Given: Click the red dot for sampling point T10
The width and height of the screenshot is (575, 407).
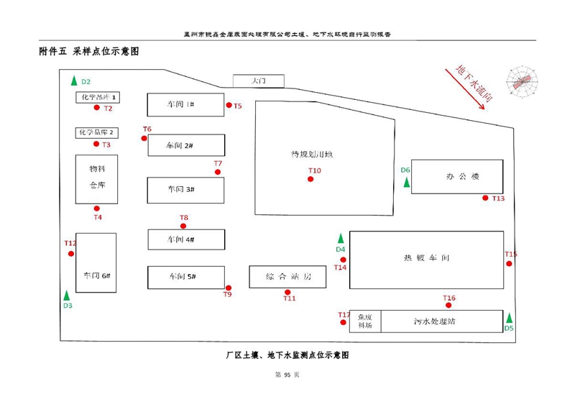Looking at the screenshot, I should pyautogui.click(x=310, y=179).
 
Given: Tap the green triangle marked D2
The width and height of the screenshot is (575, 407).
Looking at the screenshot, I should pyautogui.click(x=73, y=81).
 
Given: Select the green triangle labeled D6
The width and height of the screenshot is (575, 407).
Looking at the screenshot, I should pyautogui.click(x=407, y=182).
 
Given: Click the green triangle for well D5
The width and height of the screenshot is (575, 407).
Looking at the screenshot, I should pyautogui.click(x=510, y=318).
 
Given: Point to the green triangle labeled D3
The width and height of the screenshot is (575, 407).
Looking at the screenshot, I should pyautogui.click(x=67, y=295).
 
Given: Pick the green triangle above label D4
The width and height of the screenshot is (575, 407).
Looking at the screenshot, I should pyautogui.click(x=341, y=238).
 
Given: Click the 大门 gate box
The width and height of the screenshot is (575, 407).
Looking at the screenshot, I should pyautogui.click(x=258, y=81).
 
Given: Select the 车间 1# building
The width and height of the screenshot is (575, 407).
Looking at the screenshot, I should pyautogui.click(x=185, y=104).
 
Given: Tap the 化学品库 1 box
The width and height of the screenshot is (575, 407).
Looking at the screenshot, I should pyautogui.click(x=98, y=97).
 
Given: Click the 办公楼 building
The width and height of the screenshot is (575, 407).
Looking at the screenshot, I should pyautogui.click(x=458, y=176).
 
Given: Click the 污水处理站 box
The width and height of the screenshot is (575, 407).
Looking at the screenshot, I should pyautogui.click(x=441, y=321).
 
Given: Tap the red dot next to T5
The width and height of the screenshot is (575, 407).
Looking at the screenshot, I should pyautogui.click(x=229, y=105).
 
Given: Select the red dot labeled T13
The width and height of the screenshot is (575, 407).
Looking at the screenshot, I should pyautogui.click(x=486, y=198).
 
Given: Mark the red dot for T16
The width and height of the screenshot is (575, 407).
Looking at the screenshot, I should pyautogui.click(x=449, y=305).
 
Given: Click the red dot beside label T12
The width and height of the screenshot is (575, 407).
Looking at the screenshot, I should pyautogui.click(x=71, y=253).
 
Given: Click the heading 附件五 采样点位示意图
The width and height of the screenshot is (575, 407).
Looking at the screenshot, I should pyautogui.click(x=89, y=52).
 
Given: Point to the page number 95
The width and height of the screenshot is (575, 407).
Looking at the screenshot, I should pyautogui.click(x=287, y=375).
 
